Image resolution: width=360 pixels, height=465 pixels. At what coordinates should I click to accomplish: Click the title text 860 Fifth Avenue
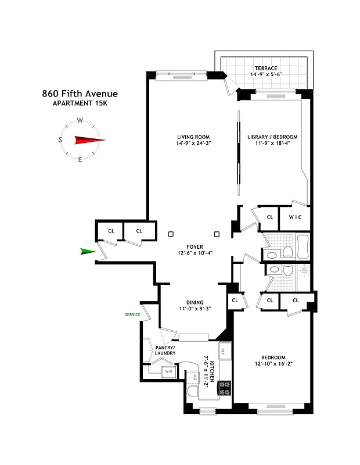pyautogui.click(x=80, y=94)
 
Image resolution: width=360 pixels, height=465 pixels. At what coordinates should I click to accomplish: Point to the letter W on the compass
pyautogui.click(x=80, y=121)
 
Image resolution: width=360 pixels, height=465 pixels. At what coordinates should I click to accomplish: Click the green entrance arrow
pyautogui.click(x=87, y=251)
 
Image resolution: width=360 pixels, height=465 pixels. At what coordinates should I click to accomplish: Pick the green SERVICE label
pyautogui.click(x=132, y=314)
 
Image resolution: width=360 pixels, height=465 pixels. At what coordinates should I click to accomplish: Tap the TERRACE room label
pyautogui.click(x=265, y=67)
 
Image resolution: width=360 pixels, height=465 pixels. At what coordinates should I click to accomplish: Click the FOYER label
pyautogui.click(x=195, y=246)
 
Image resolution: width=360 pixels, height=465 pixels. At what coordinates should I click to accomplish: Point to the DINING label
pyautogui.click(x=195, y=302)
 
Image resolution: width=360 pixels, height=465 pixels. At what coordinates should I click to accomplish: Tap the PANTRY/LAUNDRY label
pyautogui.click(x=165, y=350)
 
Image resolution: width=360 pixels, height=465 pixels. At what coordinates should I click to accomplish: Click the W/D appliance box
pyautogui.click(x=169, y=371)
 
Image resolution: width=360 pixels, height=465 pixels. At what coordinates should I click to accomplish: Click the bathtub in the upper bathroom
pyautogui.click(x=303, y=246)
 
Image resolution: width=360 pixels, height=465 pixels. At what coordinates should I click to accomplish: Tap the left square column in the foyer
pyautogui.click(x=171, y=234)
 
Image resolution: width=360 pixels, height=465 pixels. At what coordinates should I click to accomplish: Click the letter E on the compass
pyautogui.click(x=80, y=159)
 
